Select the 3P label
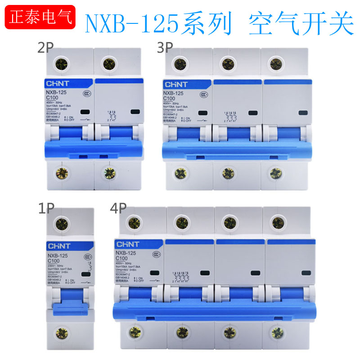166,48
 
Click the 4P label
118,209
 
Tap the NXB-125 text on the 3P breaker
174,93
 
